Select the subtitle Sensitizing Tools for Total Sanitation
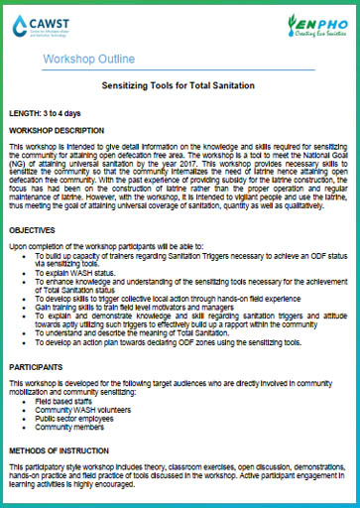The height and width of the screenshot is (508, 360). click(x=180, y=87)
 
